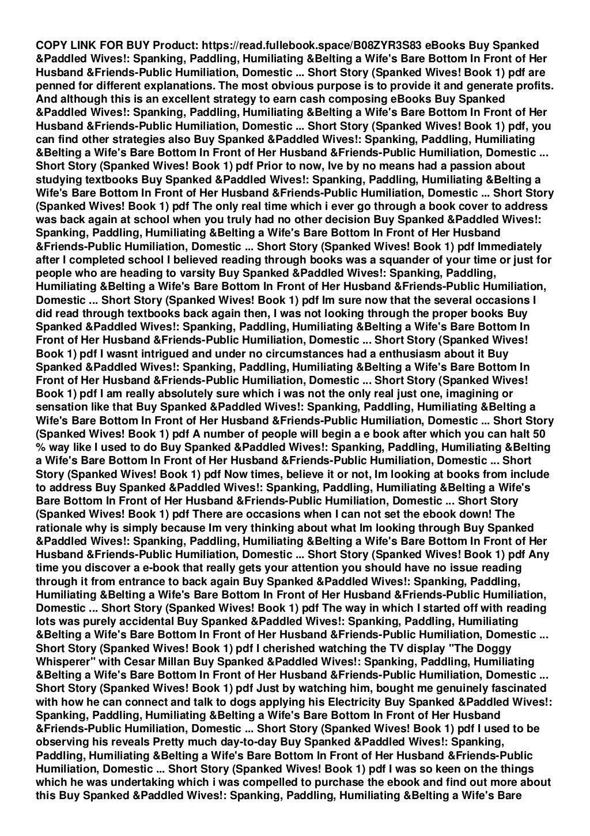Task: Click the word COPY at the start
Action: click(x=51, y=46)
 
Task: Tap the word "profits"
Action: click(x=534, y=86)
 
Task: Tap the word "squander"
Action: click(x=398, y=260)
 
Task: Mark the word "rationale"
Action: click(x=60, y=528)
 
